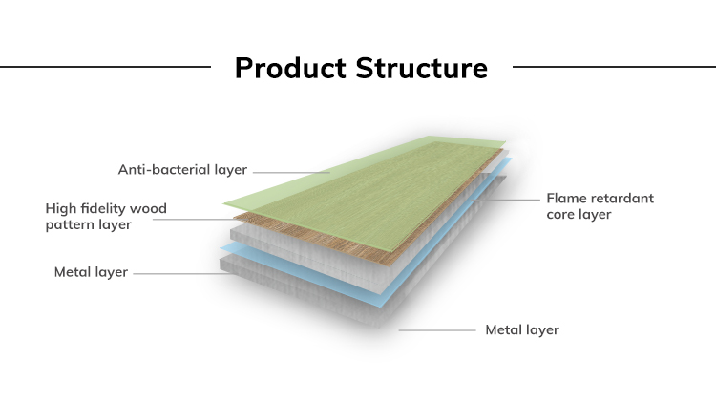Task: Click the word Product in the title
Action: click(291, 69)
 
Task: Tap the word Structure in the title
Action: click(421, 69)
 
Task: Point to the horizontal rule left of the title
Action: click(105, 67)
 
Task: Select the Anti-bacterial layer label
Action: click(182, 170)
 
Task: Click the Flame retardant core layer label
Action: click(600, 206)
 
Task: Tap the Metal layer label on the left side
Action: click(91, 272)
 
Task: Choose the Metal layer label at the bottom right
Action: click(522, 330)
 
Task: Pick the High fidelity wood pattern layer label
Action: click(106, 216)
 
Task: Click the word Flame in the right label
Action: click(565, 199)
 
